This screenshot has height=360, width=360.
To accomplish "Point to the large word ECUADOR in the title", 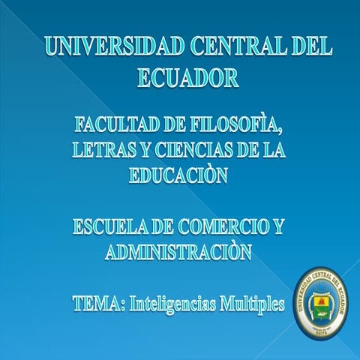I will pos(188,77).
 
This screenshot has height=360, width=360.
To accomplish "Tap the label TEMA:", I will pos(98,304).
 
